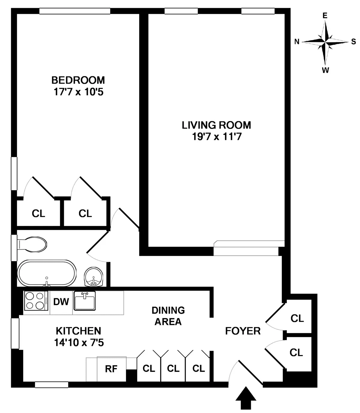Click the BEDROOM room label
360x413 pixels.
click(78, 80)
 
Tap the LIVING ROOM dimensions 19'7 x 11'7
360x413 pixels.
click(217, 137)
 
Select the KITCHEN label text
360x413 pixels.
click(78, 331)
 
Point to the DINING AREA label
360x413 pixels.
click(168, 316)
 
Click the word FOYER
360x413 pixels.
click(243, 331)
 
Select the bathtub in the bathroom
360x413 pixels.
click(46, 273)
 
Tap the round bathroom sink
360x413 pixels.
click(94, 277)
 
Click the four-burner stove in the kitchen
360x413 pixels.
click(36, 301)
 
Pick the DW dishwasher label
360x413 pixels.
click(61, 302)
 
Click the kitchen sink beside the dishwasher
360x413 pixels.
click(85, 301)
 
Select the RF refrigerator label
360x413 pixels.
click(111, 369)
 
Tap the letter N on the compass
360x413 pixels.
click(297, 42)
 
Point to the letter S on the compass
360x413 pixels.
click(353, 42)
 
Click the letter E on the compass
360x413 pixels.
click(325, 16)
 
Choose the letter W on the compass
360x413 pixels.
click(325, 70)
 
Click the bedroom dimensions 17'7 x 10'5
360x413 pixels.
click(78, 92)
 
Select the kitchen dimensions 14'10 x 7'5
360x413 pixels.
click(79, 342)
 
